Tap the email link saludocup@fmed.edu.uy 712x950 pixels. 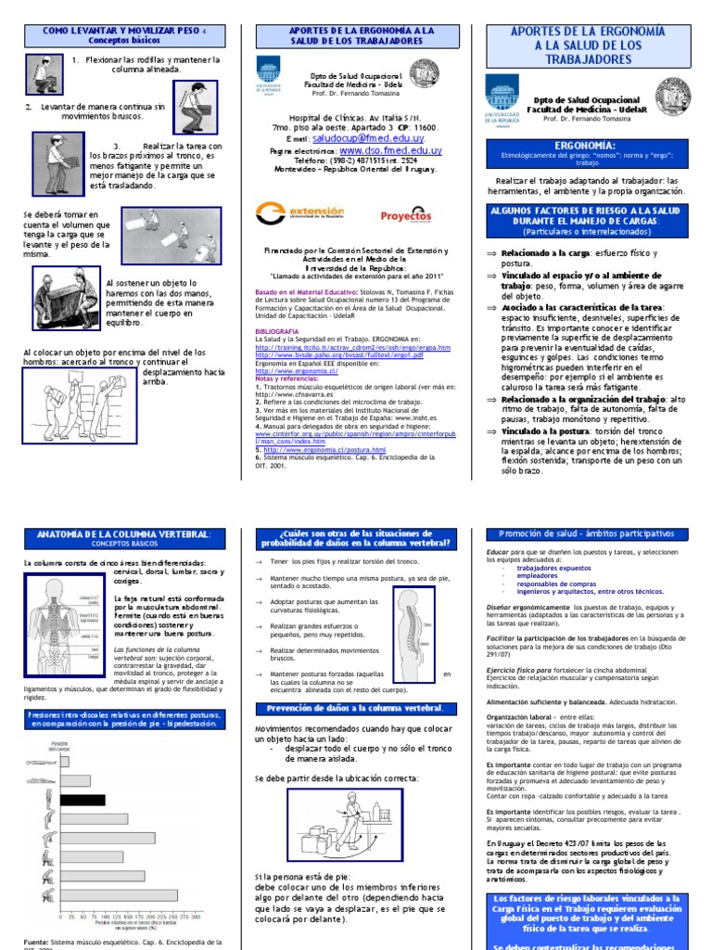(355, 136)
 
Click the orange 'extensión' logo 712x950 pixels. (299, 213)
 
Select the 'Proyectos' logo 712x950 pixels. (406, 214)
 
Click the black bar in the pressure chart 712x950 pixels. (82, 799)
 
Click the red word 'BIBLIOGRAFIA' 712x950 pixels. (277, 330)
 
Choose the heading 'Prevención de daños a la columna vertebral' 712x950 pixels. (354, 710)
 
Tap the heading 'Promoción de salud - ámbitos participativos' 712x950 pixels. (588, 533)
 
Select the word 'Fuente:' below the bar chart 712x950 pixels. (38, 942)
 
